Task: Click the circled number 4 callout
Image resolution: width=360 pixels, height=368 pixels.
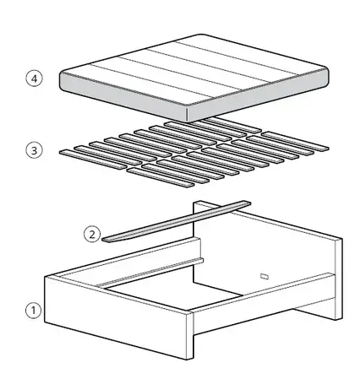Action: coord(34,78)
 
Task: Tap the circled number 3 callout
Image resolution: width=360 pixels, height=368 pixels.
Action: coord(34,150)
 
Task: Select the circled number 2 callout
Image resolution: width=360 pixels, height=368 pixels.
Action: coord(92,235)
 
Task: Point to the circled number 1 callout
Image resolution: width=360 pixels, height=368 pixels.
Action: coord(34,311)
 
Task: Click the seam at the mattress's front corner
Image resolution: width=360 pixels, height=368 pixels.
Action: coord(187,114)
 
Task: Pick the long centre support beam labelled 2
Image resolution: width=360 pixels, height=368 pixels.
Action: coord(177,221)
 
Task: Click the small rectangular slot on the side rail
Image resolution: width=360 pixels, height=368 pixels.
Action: coord(265,276)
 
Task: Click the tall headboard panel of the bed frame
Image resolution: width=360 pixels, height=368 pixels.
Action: coord(268,253)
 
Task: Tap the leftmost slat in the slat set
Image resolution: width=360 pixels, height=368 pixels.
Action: coord(93,160)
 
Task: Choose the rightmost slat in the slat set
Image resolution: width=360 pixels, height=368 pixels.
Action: coord(295,141)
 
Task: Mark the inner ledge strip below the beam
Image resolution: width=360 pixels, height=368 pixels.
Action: coord(150,273)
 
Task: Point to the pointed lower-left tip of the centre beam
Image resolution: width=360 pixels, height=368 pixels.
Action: coord(103,240)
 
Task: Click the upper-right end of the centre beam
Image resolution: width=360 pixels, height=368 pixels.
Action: coord(247,203)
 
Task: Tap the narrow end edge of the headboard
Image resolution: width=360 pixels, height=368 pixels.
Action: coord(339,279)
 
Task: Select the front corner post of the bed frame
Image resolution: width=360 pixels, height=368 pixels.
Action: coord(190,336)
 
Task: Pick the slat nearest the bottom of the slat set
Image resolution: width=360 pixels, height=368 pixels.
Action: coord(161,178)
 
